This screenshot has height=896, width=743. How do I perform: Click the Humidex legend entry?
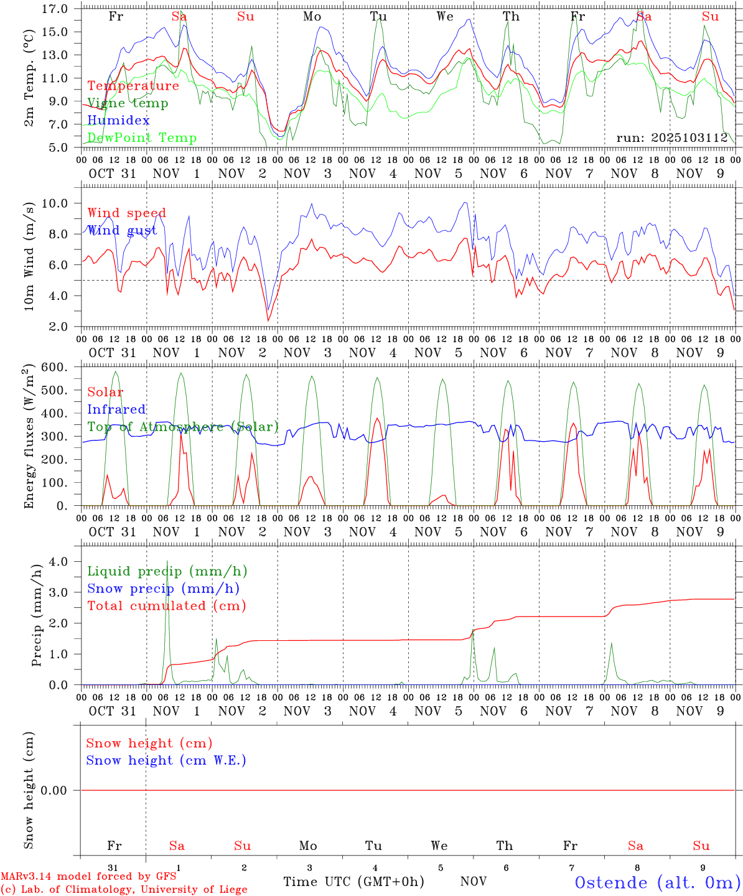coord(118,120)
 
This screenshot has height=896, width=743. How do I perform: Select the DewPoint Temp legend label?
coord(142,138)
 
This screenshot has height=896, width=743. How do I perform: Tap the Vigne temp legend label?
coord(128,103)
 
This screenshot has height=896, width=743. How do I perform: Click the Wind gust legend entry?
coord(122,230)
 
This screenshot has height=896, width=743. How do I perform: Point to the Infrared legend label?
coord(116,409)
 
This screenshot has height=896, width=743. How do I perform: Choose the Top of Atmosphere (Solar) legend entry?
coord(182,427)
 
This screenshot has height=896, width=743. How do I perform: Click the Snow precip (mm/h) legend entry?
coord(163,589)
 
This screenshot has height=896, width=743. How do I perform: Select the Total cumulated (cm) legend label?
coord(166,606)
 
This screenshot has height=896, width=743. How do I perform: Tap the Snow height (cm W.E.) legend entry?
coord(166,760)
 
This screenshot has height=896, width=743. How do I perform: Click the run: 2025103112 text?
coord(672,138)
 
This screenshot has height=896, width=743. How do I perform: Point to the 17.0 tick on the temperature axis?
coord(56,9)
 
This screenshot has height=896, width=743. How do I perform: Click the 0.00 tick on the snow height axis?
coord(54,790)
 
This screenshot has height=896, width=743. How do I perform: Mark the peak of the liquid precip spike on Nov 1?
coord(167,561)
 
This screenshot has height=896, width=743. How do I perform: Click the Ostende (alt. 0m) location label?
coord(657,882)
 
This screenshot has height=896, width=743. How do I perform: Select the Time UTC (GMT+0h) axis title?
coord(353,882)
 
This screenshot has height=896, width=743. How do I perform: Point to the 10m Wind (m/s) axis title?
coord(29,255)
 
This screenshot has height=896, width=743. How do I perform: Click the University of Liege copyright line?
coord(124,890)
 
